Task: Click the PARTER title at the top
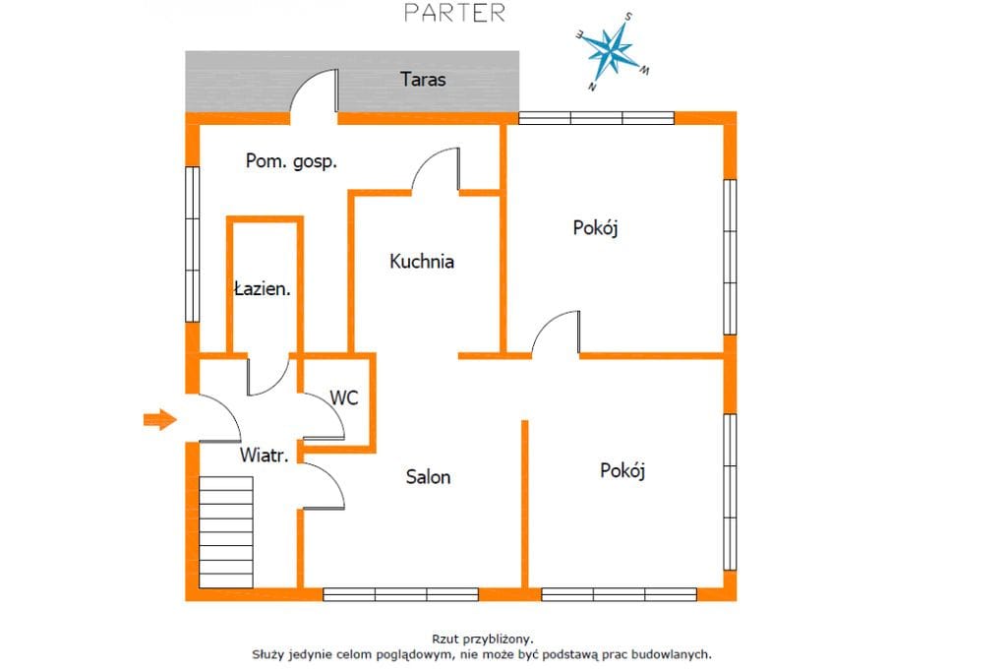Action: (x=454, y=13)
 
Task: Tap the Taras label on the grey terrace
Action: (x=423, y=79)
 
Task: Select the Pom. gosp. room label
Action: (x=291, y=160)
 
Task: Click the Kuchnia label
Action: (x=421, y=261)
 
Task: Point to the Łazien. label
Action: (x=262, y=288)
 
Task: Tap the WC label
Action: (x=343, y=397)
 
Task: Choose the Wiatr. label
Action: (x=264, y=456)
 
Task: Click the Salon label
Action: (x=428, y=477)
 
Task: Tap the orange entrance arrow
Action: (x=159, y=420)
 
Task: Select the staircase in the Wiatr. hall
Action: (x=225, y=532)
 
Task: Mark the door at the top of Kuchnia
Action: (x=436, y=170)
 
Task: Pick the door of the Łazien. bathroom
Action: (x=268, y=375)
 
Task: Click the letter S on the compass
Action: (x=628, y=17)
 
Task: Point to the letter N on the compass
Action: (x=591, y=87)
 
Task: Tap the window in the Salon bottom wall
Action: (x=401, y=594)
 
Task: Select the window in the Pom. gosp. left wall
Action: (x=192, y=244)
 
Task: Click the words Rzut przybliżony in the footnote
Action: (x=482, y=639)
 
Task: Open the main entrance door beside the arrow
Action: (x=220, y=418)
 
